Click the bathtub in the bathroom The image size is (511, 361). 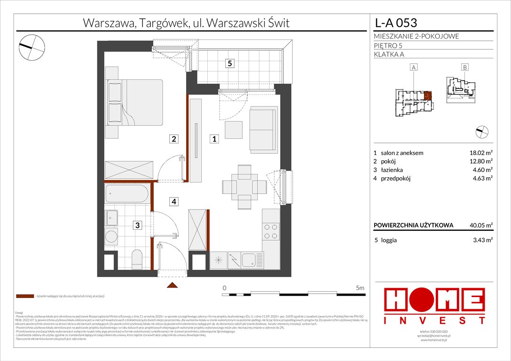point(127,193)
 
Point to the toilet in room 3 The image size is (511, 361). point(137,259)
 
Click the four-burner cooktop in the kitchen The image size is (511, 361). point(271,231)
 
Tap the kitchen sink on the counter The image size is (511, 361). point(248,258)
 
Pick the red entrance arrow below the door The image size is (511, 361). point(173,285)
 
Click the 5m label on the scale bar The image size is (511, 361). point(360,287)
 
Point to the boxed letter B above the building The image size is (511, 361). point(464,67)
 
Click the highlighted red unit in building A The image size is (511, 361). point(427,96)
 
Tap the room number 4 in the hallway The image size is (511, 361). point(174,202)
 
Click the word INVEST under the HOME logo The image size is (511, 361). point(434,321)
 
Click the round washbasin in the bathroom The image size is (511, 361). point(111,236)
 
